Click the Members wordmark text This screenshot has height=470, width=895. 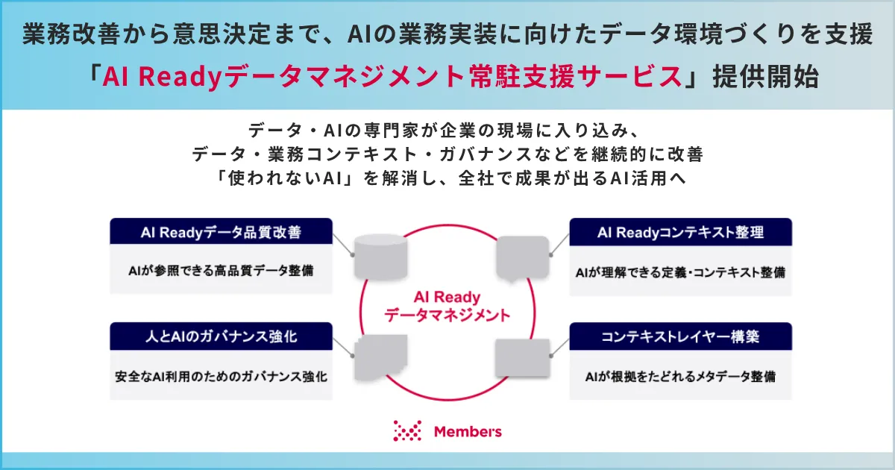point(468,432)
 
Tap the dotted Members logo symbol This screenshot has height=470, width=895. point(407,431)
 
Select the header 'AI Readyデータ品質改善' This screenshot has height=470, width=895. point(221,232)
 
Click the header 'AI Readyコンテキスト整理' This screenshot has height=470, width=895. point(680,232)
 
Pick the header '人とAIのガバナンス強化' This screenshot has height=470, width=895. point(221,336)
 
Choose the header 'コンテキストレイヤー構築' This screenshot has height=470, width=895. point(680,336)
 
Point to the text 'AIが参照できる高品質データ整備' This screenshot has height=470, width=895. point(221,271)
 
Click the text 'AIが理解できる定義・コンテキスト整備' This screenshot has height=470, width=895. point(680,272)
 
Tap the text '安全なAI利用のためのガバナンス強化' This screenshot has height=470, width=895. point(221,377)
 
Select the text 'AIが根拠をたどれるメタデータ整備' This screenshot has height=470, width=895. point(680,377)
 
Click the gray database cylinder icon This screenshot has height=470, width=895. point(381,257)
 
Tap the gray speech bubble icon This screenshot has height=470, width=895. point(523,258)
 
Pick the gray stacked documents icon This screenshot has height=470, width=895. point(381,357)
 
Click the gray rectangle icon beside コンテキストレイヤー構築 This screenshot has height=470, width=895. point(523,357)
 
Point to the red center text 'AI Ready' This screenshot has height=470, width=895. point(447,298)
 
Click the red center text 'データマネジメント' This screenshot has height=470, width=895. point(447,316)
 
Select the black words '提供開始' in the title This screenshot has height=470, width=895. point(766,76)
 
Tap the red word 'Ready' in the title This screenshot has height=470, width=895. point(180,77)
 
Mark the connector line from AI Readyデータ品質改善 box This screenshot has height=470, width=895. point(343,245)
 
